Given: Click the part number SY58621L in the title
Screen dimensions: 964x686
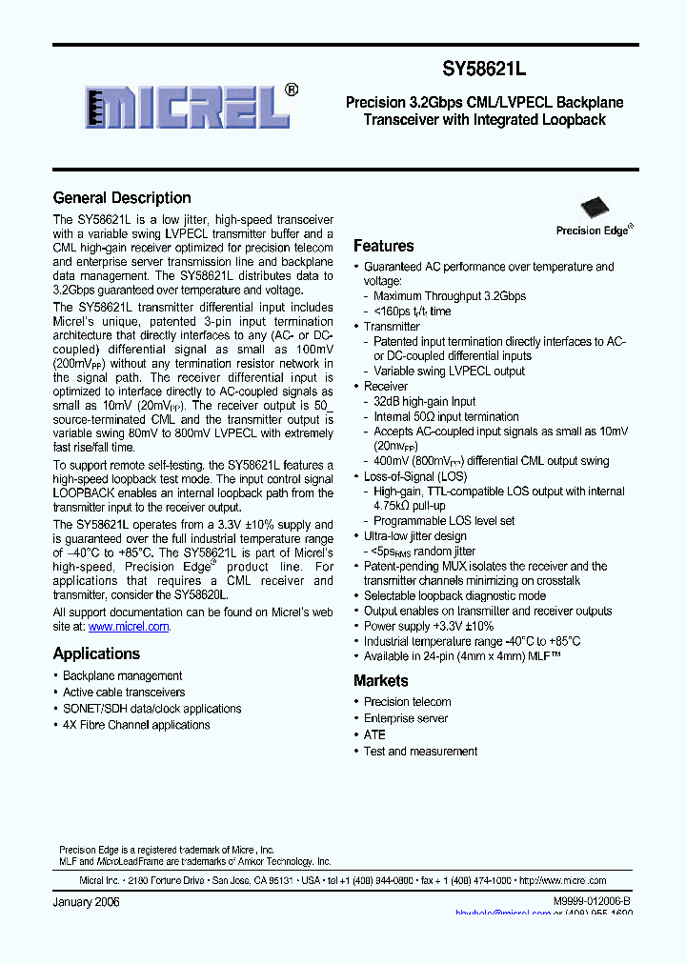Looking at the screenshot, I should pos(485,70).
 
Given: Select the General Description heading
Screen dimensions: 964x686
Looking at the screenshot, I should pos(122,198).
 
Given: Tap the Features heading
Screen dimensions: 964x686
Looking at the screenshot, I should pos(383,246).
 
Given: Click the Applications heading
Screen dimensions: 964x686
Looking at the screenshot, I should pos(96,653).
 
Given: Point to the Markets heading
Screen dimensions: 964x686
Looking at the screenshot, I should pos(380,681).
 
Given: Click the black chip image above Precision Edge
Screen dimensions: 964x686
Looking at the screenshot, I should pos(595,209).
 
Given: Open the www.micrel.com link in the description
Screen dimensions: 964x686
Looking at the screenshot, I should pos(129,627).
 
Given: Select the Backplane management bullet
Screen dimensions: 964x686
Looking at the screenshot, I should pos(122,676).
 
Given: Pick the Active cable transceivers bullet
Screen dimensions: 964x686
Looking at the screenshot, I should pos(124,693).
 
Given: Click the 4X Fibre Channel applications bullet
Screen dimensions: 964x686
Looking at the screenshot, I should pos(136,725).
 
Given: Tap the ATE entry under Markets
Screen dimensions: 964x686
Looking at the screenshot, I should pos(374,734).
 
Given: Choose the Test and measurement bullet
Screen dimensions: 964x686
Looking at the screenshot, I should pos(420,752).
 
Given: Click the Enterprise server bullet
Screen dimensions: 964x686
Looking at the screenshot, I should pos(405,718).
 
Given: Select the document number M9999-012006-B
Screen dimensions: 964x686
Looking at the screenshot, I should pos(591,901).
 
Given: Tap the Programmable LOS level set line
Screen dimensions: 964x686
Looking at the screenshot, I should pos(444,521).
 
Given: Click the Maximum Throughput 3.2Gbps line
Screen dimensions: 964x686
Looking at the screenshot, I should pos(449,296).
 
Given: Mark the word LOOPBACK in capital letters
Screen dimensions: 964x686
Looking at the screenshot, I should pos(88,493).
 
